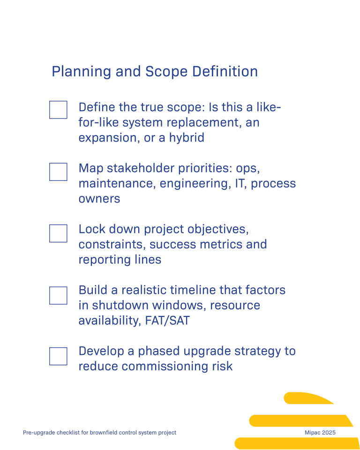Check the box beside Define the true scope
[58, 110]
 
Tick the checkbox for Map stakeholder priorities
[58, 172]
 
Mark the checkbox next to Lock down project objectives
[58, 233]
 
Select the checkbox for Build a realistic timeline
[58, 295]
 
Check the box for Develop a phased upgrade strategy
[58, 356]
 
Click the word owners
[99, 199]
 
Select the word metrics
[225, 245]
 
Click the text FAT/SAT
[167, 321]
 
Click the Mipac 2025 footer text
[320, 433]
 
